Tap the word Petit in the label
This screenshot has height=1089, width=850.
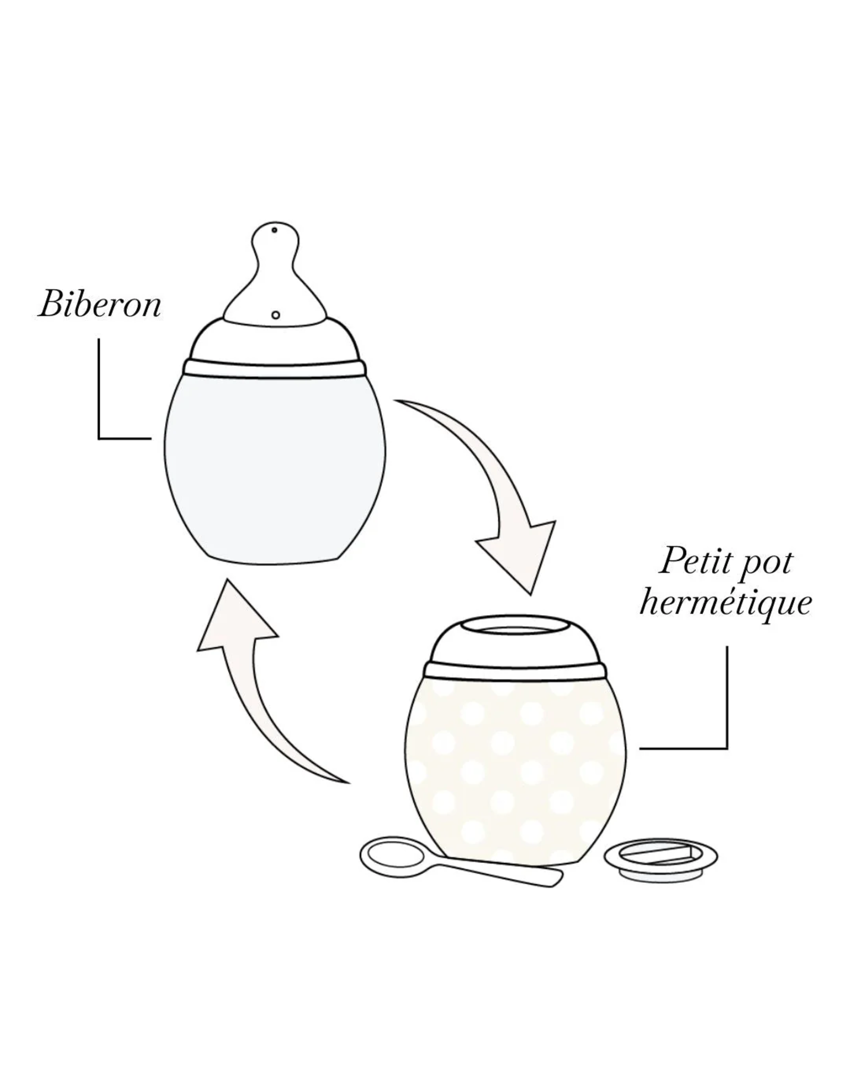click(x=689, y=562)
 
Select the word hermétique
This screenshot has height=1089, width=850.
click(x=726, y=604)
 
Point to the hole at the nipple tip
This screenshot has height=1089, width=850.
click(x=274, y=231)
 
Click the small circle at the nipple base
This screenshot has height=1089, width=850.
click(x=275, y=315)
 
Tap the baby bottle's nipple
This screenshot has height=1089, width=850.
click(x=274, y=274)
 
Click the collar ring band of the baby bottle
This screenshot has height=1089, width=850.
click(x=275, y=368)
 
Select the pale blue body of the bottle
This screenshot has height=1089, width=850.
click(x=275, y=468)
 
